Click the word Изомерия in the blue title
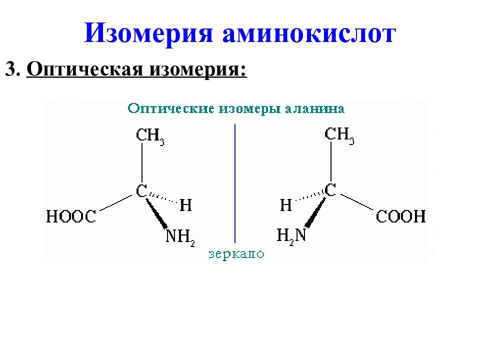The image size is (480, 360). [148, 33]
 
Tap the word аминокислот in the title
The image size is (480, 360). [309, 33]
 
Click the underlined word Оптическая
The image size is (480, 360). [85, 70]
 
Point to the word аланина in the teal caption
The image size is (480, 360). [315, 108]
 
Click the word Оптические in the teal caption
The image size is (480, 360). [171, 109]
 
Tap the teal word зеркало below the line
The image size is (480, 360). [236, 254]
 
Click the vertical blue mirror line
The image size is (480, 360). [235, 183]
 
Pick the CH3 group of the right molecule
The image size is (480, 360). [339, 134]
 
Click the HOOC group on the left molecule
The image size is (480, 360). [71, 216]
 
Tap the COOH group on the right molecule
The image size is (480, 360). [400, 216]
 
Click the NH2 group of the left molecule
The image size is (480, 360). [180, 237]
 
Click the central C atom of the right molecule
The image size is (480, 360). [330, 190]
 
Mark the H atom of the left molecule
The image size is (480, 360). [185, 205]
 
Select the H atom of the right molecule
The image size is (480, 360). [286, 205]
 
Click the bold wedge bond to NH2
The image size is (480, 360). [156, 213]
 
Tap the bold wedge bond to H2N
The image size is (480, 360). [315, 212]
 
